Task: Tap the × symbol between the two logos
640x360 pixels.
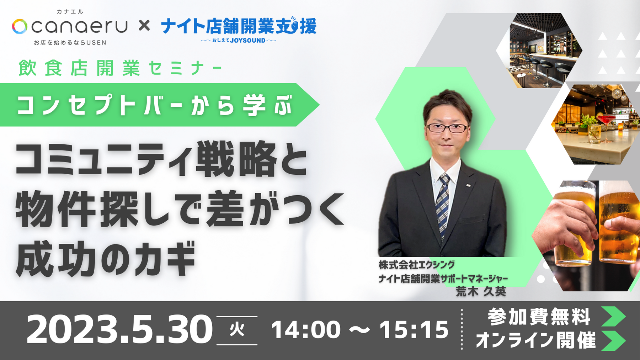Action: (x=144, y=26)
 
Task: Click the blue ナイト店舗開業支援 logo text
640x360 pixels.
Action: (x=239, y=26)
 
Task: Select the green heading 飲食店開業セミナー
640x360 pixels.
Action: (x=120, y=68)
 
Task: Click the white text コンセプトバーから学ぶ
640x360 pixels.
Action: (x=155, y=105)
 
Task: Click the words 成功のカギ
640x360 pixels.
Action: (x=106, y=259)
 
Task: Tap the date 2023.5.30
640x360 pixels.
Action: (x=119, y=329)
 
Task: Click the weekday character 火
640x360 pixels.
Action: (x=237, y=330)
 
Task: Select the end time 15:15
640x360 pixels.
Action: (x=414, y=329)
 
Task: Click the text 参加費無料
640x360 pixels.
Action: (x=539, y=317)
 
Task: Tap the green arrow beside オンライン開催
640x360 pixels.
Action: (x=613, y=340)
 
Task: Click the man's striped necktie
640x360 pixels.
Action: (x=443, y=202)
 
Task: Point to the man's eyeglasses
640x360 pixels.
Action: (x=447, y=128)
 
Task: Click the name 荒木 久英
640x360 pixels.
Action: (x=481, y=292)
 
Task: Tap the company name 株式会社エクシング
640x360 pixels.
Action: (x=417, y=265)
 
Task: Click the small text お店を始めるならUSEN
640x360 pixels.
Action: (x=70, y=43)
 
